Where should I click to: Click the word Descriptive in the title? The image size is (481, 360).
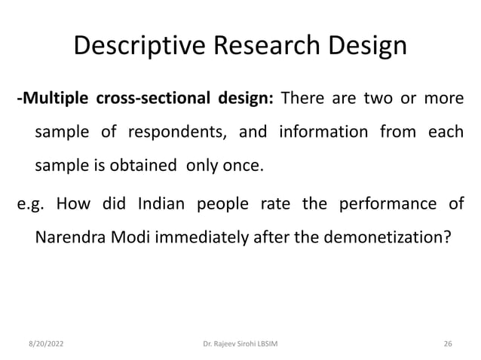coord(136,47)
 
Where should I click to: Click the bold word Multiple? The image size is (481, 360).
coord(51,102)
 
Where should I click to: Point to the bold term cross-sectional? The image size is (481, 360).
coord(147,102)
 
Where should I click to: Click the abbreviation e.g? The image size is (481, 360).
coord(32,206)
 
